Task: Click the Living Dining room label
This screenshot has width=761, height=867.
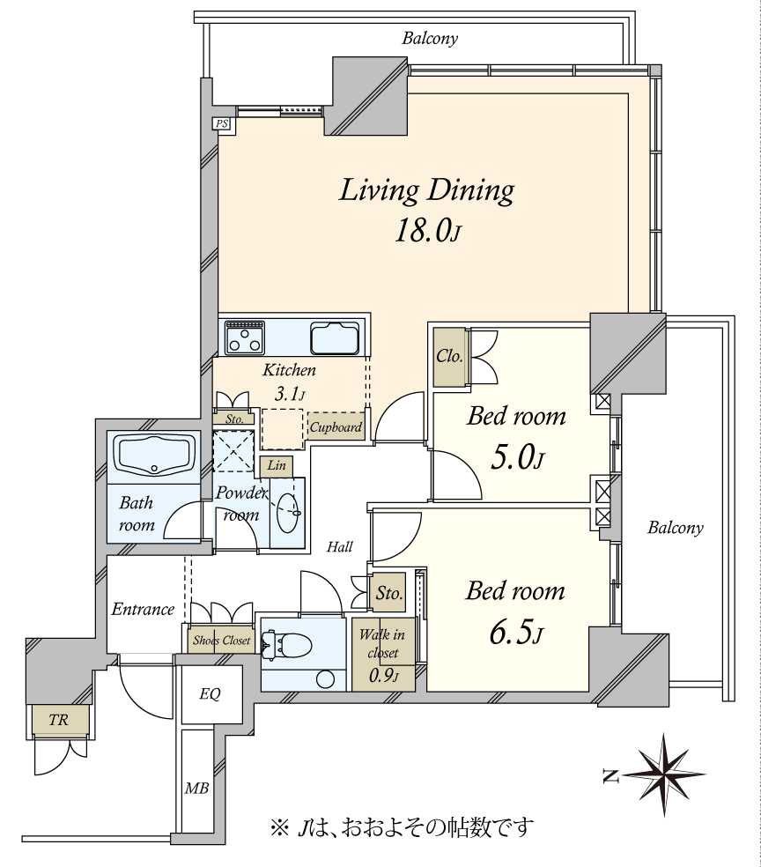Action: [x=426, y=191]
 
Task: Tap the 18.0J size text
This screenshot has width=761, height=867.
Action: [x=427, y=232]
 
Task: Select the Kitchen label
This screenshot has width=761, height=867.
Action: [x=289, y=370]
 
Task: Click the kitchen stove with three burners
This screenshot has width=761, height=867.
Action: [x=245, y=337]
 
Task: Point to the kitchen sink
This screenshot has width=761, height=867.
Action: [x=336, y=337]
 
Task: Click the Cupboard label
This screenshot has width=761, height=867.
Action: [x=336, y=426]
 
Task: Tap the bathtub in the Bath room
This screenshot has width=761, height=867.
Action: [x=154, y=454]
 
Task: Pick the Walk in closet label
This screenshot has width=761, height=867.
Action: [x=382, y=643]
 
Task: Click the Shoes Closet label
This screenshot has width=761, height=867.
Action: [x=221, y=641]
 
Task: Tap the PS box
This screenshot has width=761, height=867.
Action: [x=222, y=124]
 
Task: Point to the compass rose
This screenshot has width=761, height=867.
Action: [x=661, y=774]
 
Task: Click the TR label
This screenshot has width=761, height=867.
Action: [x=59, y=719]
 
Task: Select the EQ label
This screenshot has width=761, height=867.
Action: [x=210, y=694]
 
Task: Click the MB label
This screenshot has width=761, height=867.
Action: [x=196, y=788]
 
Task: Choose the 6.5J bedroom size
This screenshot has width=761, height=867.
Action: [x=516, y=634]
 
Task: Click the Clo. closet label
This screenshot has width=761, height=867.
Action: [x=449, y=356]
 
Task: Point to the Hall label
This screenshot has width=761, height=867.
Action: [x=339, y=547]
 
